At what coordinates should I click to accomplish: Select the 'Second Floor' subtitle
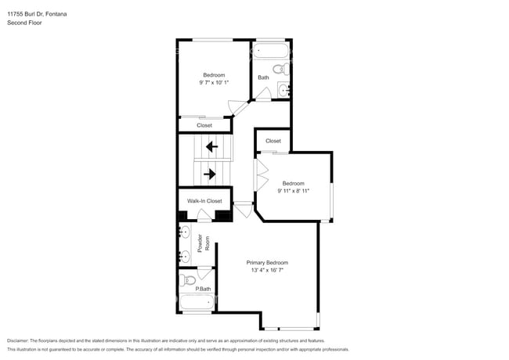click(25, 23)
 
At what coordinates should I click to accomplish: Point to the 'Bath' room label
click(263, 77)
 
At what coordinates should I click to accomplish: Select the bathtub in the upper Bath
click(271, 52)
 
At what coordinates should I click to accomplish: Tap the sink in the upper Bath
click(284, 91)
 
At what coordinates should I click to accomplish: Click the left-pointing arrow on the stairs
click(210, 146)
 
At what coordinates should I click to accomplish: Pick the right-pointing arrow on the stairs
click(210, 174)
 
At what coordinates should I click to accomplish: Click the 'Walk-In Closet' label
click(204, 201)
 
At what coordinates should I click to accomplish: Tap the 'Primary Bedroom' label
click(267, 262)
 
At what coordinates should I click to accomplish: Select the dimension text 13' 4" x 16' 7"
click(267, 271)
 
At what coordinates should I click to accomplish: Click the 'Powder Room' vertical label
click(201, 245)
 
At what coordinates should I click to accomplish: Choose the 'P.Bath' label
click(203, 290)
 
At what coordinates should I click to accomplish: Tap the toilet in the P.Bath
click(188, 279)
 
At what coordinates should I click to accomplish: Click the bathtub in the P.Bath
click(197, 304)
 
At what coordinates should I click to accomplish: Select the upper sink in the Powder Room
click(186, 233)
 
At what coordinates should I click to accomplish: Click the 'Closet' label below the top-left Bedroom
click(204, 125)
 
